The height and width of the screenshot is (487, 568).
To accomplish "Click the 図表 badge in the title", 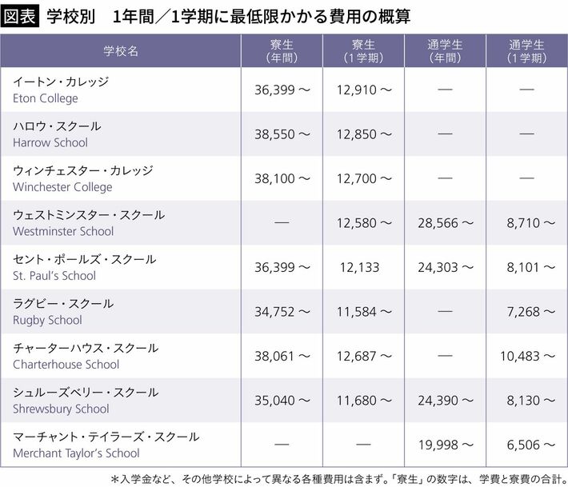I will [x=21, y=16].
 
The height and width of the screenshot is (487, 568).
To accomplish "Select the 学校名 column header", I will [x=121, y=50].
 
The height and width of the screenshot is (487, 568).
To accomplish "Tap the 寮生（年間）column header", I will [x=282, y=50].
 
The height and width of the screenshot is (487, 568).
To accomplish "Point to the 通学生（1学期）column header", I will [x=526, y=50].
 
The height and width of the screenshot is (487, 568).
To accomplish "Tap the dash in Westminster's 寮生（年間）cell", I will [x=282, y=223].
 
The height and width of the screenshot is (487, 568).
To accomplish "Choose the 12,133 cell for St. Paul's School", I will [x=358, y=268].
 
